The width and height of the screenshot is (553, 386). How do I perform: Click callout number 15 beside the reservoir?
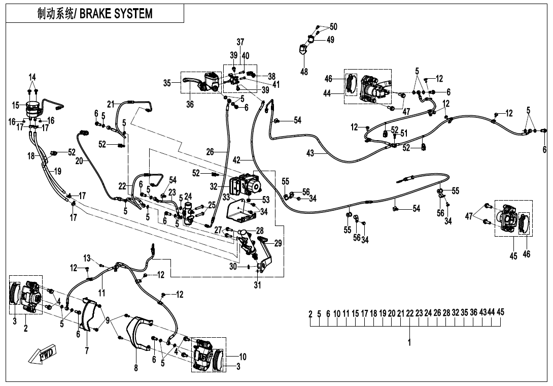coord(16,105)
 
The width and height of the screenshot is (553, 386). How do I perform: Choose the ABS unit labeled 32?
coord(245,185)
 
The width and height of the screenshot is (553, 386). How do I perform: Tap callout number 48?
coord(304,72)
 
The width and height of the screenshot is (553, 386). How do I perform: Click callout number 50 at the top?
coord(333,26)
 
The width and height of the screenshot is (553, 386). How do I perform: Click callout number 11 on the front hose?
coord(102,293)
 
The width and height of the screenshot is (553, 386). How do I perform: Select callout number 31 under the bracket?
coord(257,285)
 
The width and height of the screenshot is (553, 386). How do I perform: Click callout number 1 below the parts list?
coord(409,342)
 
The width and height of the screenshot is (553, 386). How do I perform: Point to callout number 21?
coord(111,104)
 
